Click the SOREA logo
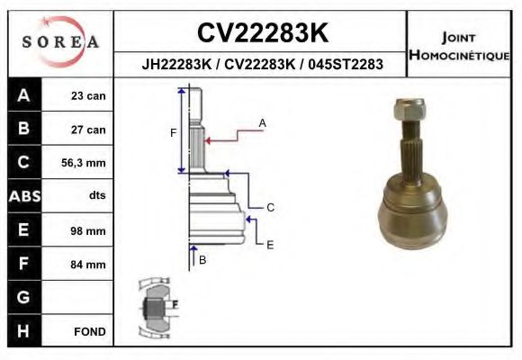60,42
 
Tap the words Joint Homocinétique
460,46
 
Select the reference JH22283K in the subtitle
175,64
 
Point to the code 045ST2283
346,64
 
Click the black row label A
22,95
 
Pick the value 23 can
89,96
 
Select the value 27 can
89,130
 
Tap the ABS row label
22,196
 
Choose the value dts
96,196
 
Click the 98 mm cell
89,230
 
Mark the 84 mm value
89,264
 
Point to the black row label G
22,297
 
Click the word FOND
90,331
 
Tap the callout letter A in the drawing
263,121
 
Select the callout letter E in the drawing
270,244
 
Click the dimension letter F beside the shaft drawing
173,132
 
